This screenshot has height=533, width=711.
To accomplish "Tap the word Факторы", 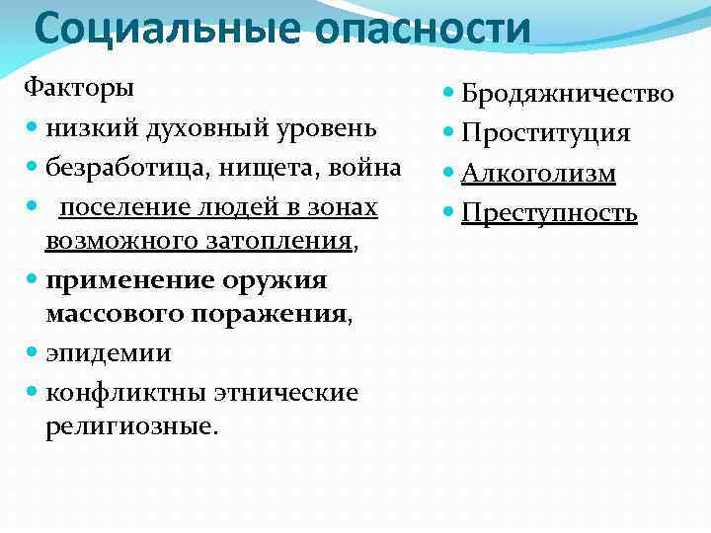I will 79,87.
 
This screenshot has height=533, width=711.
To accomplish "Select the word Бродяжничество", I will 569,94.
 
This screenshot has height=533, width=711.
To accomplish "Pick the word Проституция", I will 546,133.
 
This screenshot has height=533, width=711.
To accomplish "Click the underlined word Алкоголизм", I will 538,174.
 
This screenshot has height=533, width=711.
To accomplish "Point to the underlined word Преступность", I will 549,213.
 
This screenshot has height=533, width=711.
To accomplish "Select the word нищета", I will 261,168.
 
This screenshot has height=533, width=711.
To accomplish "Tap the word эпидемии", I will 108,352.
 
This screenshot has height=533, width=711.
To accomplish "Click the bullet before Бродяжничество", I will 450,94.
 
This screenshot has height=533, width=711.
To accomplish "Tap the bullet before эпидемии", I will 33,352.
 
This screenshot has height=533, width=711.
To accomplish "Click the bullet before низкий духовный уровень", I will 33,128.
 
